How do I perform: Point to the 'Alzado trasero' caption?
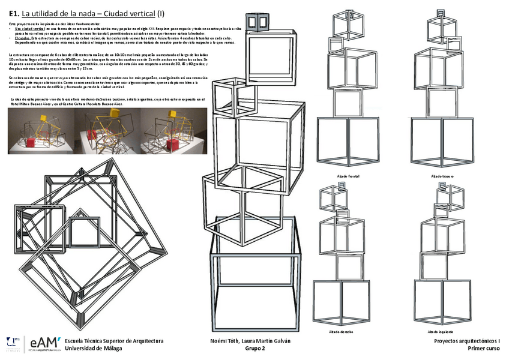442,176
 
